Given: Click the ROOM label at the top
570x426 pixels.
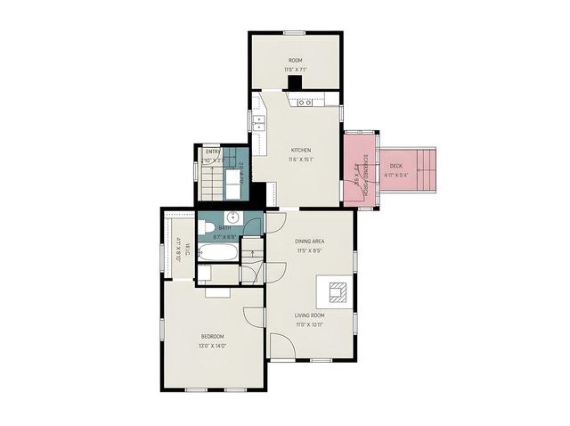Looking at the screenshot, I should pyautogui.click(x=295, y=61).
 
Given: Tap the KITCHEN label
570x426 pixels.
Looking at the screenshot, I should pyautogui.click(x=301, y=150).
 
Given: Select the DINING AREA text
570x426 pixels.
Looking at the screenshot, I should pyautogui.click(x=309, y=241).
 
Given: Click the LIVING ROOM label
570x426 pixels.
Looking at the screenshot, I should pyautogui.click(x=310, y=315).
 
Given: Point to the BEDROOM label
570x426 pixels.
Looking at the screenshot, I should pyautogui.click(x=212, y=336).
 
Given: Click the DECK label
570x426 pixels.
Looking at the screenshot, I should pyautogui.click(x=395, y=167).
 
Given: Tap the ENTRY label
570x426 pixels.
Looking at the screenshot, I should pyautogui.click(x=213, y=152).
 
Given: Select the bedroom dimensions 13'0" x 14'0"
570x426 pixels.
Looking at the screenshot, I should pyautogui.click(x=212, y=345).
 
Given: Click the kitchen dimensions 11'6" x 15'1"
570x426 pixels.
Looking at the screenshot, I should pyautogui.click(x=301, y=160).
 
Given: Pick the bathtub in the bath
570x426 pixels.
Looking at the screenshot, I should pyautogui.click(x=217, y=253).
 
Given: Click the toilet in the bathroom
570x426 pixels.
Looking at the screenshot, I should pyautogui.click(x=205, y=228).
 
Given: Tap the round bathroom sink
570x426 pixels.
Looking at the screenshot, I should pyautogui.click(x=233, y=217).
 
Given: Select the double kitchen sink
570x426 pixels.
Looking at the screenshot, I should pyautogui.click(x=260, y=123).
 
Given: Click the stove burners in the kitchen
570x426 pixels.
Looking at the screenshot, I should pyautogui.click(x=305, y=102).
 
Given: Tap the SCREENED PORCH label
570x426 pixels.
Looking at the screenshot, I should pyautogui.click(x=365, y=169).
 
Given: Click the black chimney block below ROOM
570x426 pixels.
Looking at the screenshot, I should pyautogui.click(x=294, y=82).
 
